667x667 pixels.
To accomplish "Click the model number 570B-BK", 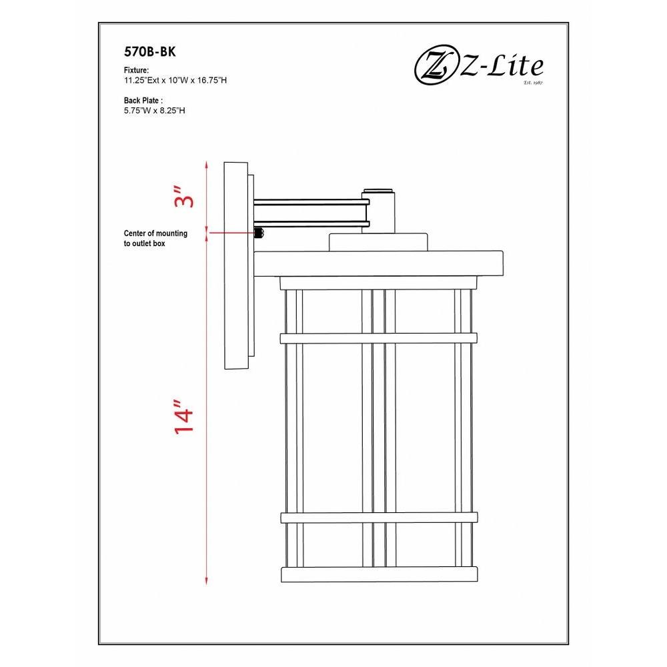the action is point(149,51).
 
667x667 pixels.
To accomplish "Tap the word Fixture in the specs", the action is point(135,70).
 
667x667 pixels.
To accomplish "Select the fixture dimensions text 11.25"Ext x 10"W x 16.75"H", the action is point(175,80).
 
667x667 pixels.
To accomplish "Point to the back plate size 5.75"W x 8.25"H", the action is point(155,111).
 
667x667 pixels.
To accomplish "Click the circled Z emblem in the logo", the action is point(435,67).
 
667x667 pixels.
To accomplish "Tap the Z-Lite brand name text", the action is point(501,66).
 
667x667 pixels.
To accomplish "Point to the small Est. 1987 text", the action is point(534,83).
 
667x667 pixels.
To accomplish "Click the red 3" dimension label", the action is point(185,196).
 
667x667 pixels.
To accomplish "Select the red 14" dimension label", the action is point(185,416).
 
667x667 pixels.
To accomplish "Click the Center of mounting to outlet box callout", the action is point(155,238).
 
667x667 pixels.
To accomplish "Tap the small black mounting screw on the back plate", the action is point(259,233).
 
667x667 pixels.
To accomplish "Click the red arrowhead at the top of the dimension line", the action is point(207,164).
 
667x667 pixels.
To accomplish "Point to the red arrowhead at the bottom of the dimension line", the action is point(207,581).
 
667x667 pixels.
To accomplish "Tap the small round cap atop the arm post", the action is point(378,189).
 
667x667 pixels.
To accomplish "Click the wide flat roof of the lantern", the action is point(378,263).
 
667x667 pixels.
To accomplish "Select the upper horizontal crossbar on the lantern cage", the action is point(378,339).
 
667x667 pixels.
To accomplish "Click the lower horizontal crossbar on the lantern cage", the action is point(378,518).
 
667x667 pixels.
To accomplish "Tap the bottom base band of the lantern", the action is point(379,575).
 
